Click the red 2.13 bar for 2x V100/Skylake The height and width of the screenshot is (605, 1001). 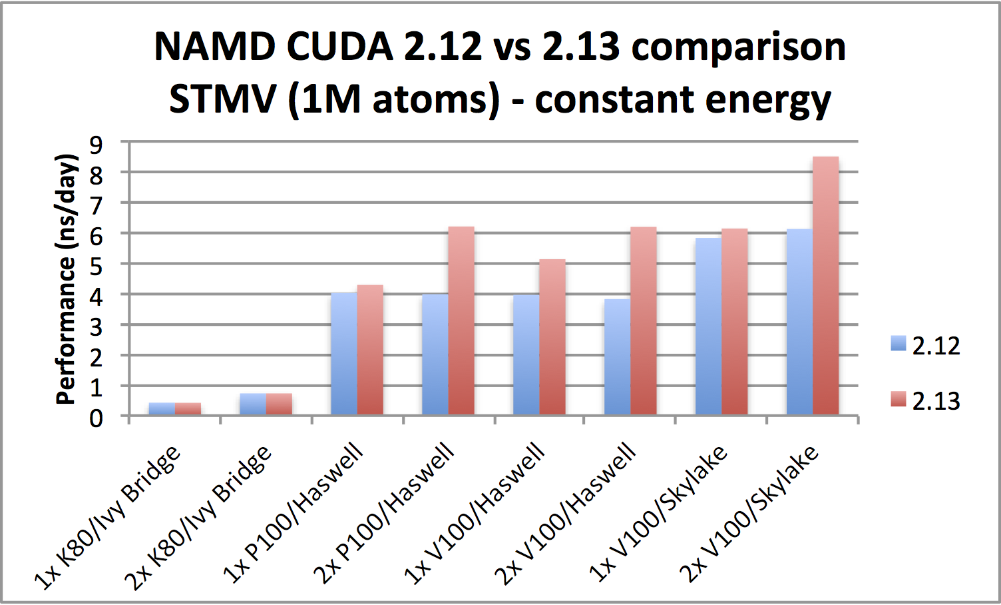(x=825, y=287)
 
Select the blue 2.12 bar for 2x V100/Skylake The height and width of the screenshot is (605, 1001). (x=799, y=322)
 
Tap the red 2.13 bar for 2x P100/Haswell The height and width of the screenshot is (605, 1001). (x=461, y=321)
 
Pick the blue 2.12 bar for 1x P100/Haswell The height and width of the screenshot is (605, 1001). (x=344, y=354)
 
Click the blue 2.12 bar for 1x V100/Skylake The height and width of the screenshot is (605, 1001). (x=708, y=326)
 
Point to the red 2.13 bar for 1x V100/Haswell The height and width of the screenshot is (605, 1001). (x=552, y=337)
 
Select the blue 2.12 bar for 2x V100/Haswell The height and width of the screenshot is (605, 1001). (x=617, y=357)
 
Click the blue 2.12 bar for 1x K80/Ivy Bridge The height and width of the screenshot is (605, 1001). (x=162, y=408)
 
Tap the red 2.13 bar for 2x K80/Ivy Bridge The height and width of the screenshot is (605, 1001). (x=279, y=404)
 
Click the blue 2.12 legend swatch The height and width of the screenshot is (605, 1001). (x=899, y=344)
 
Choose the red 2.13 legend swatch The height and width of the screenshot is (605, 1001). (x=899, y=399)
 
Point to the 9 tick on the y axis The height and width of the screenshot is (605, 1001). (x=97, y=143)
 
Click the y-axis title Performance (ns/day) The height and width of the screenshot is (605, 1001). (x=67, y=280)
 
